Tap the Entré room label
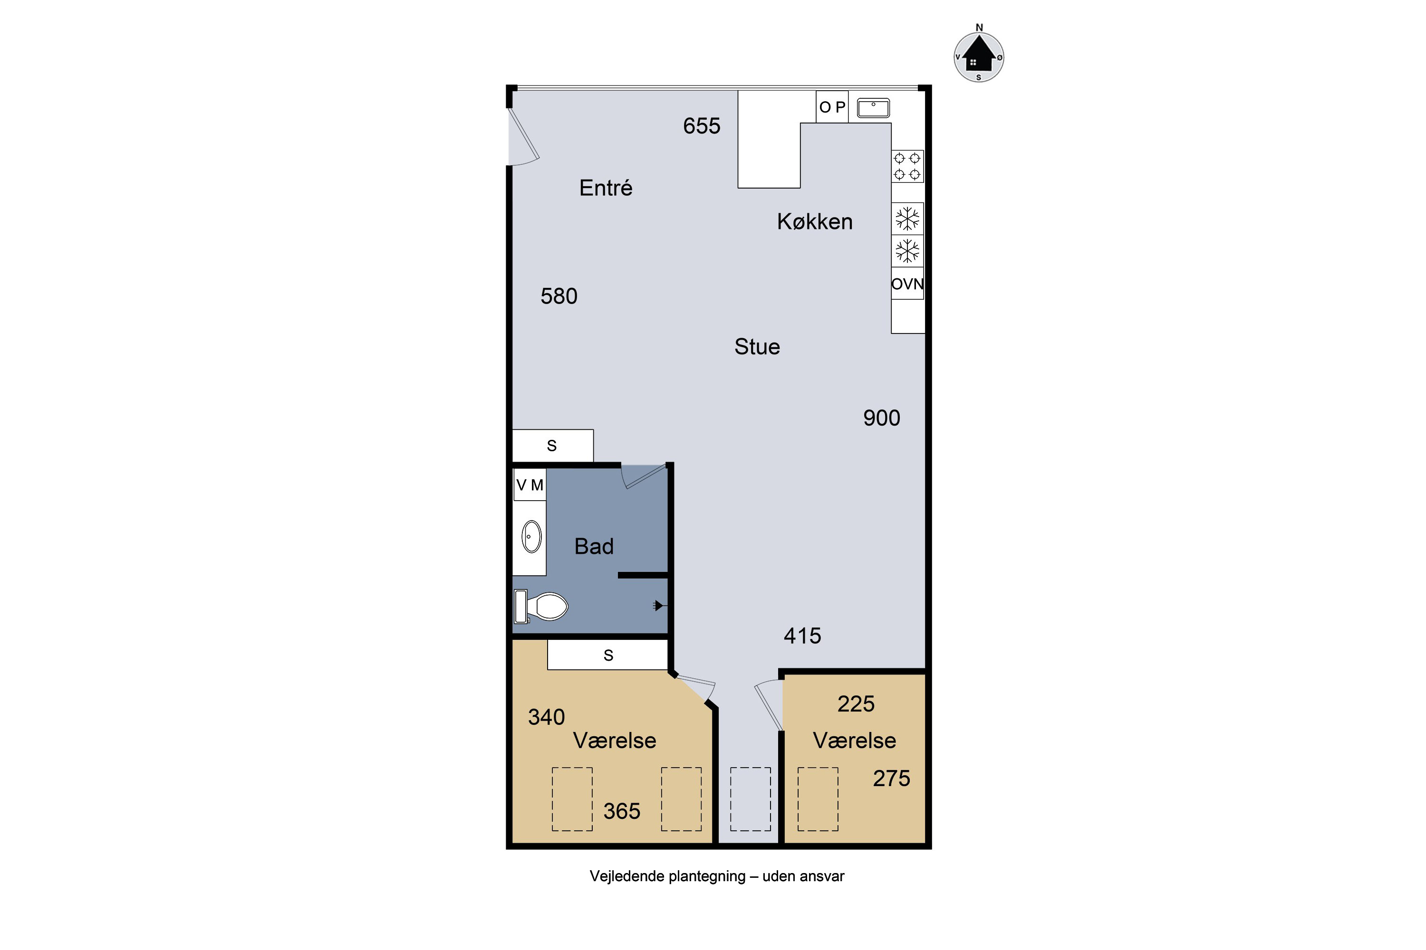tap(606, 188)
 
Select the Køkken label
tap(815, 222)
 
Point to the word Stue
tap(757, 347)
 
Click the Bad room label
tap(594, 547)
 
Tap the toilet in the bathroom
tap(541, 607)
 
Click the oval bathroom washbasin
tap(532, 537)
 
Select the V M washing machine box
tap(530, 484)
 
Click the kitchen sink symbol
tap(873, 108)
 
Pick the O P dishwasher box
tap(832, 107)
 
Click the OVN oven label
tap(907, 284)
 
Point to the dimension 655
tap(702, 126)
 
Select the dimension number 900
tap(882, 418)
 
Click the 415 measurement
tap(803, 636)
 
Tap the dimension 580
tap(559, 296)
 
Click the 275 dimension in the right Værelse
tap(892, 779)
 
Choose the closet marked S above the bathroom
tap(553, 446)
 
